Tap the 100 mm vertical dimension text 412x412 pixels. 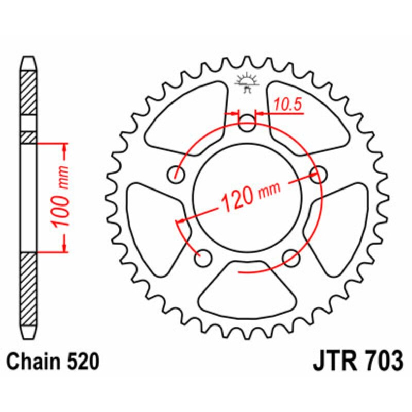click(x=61, y=198)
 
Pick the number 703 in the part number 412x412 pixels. click(x=381, y=362)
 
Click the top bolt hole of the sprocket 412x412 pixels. click(x=247, y=123)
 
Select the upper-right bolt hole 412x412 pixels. click(x=317, y=173)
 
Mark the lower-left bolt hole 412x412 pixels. click(x=204, y=256)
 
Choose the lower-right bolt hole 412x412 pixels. click(x=291, y=256)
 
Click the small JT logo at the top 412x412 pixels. click(x=246, y=82)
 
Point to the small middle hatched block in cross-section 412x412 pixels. click(x=29, y=138)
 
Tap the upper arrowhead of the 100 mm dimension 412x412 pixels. click(x=65, y=150)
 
